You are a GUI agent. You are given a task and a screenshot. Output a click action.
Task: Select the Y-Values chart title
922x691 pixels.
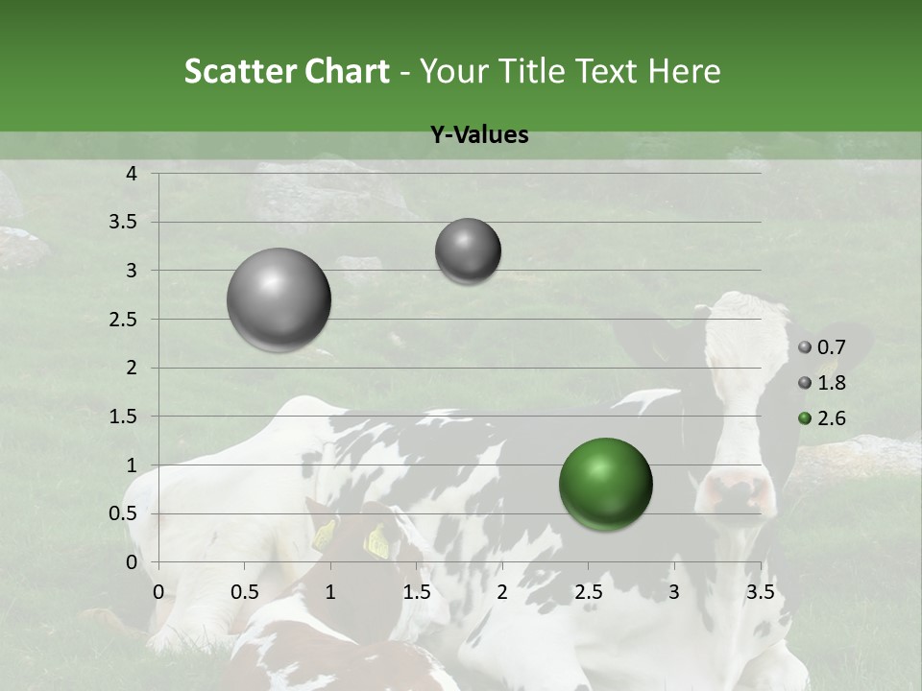(479, 135)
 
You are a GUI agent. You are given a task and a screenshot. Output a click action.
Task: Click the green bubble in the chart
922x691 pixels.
(605, 483)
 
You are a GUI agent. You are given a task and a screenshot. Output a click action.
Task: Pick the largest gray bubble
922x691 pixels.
(279, 299)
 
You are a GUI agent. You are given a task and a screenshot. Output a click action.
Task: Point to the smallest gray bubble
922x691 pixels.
(468, 251)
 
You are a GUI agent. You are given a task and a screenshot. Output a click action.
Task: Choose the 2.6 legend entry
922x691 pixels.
(823, 417)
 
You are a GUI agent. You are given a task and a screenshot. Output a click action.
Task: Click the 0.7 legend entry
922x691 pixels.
(823, 347)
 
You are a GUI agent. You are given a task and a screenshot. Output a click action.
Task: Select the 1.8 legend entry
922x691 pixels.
(823, 383)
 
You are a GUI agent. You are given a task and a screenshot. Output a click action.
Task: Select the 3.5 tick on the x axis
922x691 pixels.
(760, 592)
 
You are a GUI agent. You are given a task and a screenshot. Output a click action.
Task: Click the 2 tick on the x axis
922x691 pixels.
(502, 592)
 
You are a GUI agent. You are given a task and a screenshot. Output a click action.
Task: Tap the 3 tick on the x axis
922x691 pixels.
(674, 592)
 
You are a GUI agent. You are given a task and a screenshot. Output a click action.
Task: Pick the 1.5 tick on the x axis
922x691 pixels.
(416, 592)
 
